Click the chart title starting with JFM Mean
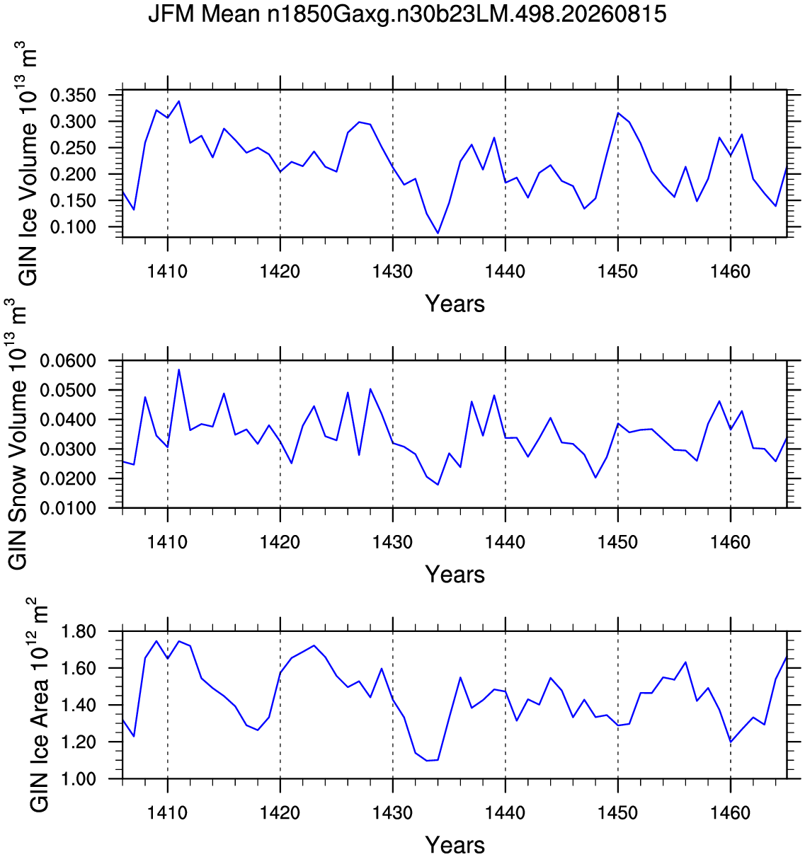407,14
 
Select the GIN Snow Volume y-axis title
17,434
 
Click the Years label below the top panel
455,304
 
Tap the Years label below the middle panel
455,575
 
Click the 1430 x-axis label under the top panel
392,272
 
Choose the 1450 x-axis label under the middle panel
617,542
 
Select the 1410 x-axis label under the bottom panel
168,813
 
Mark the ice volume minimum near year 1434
438,233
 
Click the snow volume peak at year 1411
179,369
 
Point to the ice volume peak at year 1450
618,113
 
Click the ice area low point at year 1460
731,742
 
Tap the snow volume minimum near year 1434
438,485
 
